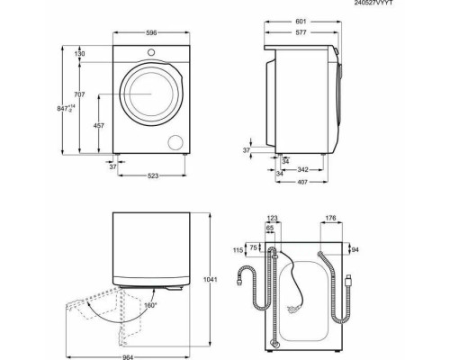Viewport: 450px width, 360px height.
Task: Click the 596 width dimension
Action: [151, 33]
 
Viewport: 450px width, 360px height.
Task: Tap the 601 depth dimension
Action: [301, 22]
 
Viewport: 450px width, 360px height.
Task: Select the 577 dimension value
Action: [301, 32]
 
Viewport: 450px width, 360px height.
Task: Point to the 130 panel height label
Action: [79, 54]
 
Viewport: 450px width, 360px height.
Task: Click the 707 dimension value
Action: [79, 94]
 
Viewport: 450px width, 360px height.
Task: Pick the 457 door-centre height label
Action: [99, 126]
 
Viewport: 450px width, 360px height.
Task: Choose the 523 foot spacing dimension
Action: [153, 175]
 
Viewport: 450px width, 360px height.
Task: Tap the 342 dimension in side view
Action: [302, 170]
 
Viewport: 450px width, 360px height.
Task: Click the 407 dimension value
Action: [302, 182]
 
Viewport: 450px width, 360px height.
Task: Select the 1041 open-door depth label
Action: [211, 280]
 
